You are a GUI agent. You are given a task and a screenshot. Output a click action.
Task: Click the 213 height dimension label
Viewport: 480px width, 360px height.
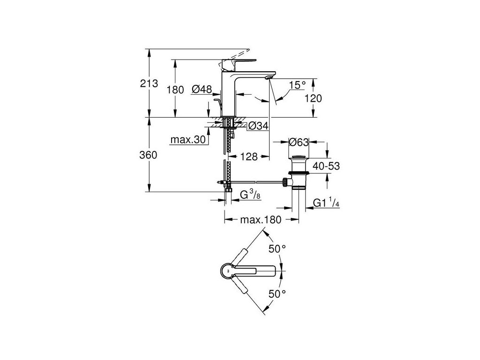pyautogui.click(x=148, y=84)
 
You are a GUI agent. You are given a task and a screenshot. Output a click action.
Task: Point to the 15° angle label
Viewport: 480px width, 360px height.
pyautogui.click(x=297, y=85)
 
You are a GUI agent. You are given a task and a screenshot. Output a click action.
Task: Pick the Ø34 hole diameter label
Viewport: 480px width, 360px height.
pyautogui.click(x=258, y=126)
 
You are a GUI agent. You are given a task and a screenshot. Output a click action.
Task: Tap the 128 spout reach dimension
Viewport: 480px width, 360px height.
pyautogui.click(x=249, y=157)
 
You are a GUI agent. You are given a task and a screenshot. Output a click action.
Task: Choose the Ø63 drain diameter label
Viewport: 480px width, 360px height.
pyautogui.click(x=299, y=142)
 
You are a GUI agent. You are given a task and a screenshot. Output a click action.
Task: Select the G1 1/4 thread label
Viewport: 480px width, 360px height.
pyautogui.click(x=326, y=202)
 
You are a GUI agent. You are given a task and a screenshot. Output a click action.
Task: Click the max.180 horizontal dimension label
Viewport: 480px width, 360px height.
pyautogui.click(x=261, y=220)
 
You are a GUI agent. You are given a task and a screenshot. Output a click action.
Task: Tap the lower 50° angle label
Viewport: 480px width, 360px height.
pyautogui.click(x=277, y=293)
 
